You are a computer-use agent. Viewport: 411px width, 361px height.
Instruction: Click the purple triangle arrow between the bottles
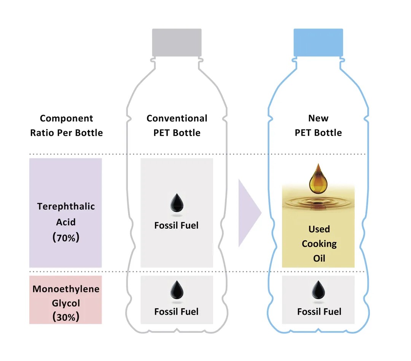(x=249, y=213)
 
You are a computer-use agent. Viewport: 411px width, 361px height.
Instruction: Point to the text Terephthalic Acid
(x=66, y=214)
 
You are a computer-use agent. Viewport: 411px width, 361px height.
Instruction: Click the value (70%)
(x=66, y=238)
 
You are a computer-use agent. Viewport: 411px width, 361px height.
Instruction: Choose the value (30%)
(x=66, y=317)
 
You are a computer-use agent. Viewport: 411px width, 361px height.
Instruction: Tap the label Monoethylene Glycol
(x=66, y=296)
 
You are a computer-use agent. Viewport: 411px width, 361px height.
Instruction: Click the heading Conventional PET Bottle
(x=177, y=125)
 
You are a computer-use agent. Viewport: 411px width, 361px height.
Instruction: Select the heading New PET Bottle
(x=318, y=125)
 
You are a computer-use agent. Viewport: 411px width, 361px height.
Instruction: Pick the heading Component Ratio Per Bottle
(x=67, y=125)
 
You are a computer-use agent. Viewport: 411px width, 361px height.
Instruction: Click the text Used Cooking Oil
(x=319, y=244)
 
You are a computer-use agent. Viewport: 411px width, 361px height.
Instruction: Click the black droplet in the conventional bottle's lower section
(x=177, y=291)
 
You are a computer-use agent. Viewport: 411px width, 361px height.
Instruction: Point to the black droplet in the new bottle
(x=318, y=291)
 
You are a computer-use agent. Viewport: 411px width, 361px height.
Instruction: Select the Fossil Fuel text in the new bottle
(x=319, y=312)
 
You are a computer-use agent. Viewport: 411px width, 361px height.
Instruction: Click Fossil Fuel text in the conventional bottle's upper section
(x=177, y=225)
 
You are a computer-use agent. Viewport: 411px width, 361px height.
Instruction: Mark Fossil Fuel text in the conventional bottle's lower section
(x=177, y=312)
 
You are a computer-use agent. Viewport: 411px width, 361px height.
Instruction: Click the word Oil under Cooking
(x=319, y=258)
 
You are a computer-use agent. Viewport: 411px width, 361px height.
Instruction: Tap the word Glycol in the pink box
(x=66, y=303)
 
